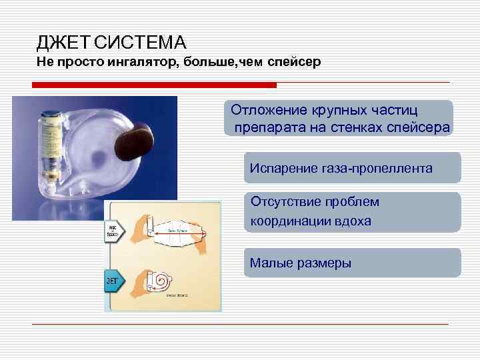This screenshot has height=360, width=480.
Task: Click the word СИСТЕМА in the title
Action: (140, 44)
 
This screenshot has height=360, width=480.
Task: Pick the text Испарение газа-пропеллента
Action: (341, 169)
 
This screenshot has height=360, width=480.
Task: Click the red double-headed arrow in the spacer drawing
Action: (174, 235)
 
